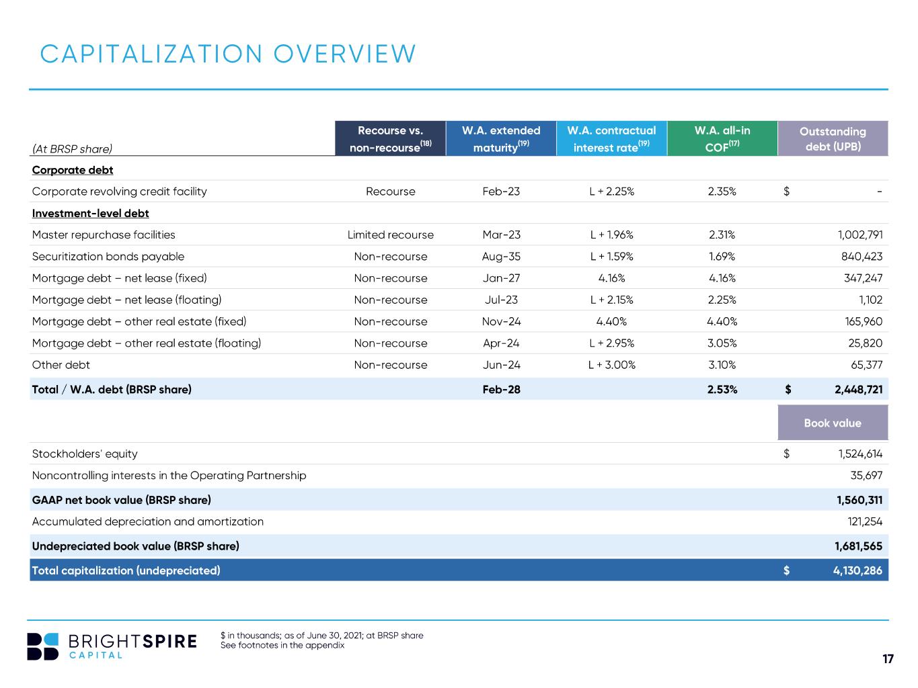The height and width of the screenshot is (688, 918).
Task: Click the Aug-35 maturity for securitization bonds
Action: pos(500,256)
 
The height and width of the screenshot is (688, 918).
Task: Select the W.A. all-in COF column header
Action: pos(722,138)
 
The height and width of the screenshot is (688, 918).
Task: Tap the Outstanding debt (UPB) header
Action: pos(833,138)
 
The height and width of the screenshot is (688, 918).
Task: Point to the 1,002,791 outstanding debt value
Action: pos(859,234)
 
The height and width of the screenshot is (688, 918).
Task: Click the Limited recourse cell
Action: pos(390,234)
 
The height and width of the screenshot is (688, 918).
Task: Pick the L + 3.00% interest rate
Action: pos(611,365)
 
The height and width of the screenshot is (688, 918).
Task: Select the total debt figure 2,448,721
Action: pos(858,389)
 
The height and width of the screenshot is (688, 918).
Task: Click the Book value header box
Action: pos(833,423)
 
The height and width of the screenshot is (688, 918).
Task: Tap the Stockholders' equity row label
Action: pos(85,454)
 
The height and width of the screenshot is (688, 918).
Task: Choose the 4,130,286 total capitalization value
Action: pos(857,570)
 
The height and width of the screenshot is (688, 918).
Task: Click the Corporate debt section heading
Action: pos(73,170)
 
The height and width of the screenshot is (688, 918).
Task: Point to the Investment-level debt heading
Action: pos(90,213)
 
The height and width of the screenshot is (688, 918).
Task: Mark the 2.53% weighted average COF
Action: pos(722,389)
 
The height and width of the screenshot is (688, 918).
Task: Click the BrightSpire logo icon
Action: pos(42,646)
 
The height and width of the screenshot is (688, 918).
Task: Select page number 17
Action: pos(888,658)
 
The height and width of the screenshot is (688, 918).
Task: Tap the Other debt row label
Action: pos(61,365)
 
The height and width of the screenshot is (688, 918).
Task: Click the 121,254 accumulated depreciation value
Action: pos(864,521)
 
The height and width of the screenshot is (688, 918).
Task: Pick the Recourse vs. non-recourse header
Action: pos(390,138)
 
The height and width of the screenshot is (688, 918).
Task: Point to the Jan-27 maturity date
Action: pos(500,277)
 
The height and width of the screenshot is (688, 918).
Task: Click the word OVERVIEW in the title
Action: pos(344,54)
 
